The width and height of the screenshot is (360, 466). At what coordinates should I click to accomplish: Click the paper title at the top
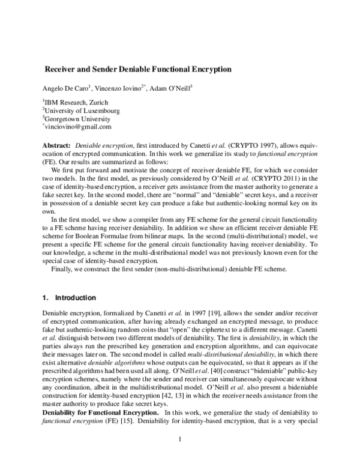pyautogui.click(x=139, y=69)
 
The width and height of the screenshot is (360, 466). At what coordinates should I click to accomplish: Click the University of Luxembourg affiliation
pyautogui.click(x=81, y=110)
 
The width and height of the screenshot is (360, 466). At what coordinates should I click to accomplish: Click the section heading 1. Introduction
pyautogui.click(x=68, y=298)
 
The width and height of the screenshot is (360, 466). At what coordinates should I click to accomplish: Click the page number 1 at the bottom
pyautogui.click(x=180, y=440)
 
